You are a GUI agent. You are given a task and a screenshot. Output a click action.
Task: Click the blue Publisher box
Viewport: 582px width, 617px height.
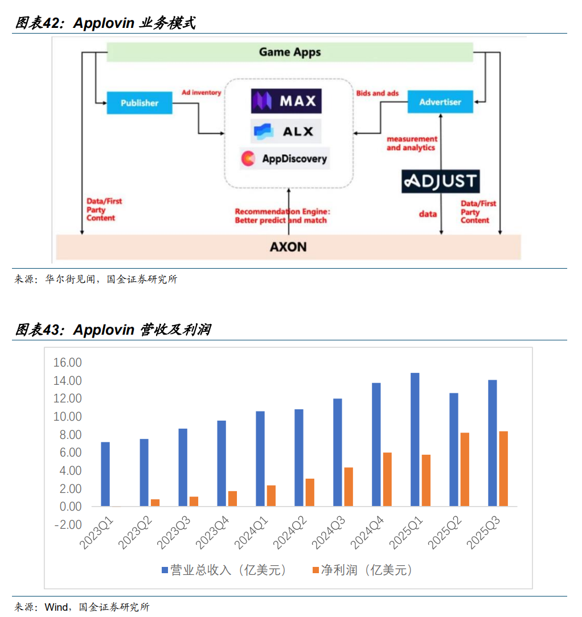pyautogui.click(x=140, y=103)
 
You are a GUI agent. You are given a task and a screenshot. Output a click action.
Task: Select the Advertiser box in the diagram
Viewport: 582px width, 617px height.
pyautogui.click(x=440, y=102)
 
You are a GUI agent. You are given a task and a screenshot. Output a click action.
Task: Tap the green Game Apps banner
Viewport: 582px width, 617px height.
pyautogui.click(x=290, y=52)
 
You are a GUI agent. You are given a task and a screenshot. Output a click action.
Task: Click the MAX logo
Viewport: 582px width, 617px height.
pyautogui.click(x=286, y=101)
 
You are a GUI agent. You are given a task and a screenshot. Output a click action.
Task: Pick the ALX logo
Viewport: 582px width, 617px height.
pyautogui.click(x=286, y=131)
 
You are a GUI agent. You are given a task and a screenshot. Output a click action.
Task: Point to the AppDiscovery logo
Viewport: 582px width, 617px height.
pyautogui.click(x=285, y=158)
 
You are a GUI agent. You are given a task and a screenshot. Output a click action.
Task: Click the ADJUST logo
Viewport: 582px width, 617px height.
pyautogui.click(x=440, y=181)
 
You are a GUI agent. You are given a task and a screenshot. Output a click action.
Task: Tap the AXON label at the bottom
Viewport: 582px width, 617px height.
pyautogui.click(x=288, y=246)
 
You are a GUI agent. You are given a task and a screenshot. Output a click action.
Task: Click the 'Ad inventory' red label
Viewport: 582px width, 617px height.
pyautogui.click(x=201, y=92)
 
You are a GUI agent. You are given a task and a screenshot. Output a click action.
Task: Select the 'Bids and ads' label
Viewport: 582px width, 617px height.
pyautogui.click(x=378, y=93)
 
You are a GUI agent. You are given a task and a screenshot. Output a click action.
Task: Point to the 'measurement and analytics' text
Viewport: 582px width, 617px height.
pyautogui.click(x=412, y=143)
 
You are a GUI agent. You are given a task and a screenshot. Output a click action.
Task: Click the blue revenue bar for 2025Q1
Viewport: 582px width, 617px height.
pyautogui.click(x=415, y=439)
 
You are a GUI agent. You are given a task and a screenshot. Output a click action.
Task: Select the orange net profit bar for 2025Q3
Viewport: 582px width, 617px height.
pyautogui.click(x=503, y=468)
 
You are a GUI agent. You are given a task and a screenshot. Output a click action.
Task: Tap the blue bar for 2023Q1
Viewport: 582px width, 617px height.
pyautogui.click(x=105, y=474)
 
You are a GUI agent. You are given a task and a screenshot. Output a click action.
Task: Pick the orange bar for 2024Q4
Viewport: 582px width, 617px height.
pyautogui.click(x=387, y=479)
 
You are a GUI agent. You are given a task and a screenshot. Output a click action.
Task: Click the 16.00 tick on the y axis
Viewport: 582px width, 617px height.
pyautogui.click(x=67, y=363)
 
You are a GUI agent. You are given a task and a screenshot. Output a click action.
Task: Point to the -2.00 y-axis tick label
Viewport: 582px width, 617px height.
pyautogui.click(x=67, y=525)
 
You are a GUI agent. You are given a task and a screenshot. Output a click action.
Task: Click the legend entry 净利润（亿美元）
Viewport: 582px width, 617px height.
pyautogui.click(x=362, y=570)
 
